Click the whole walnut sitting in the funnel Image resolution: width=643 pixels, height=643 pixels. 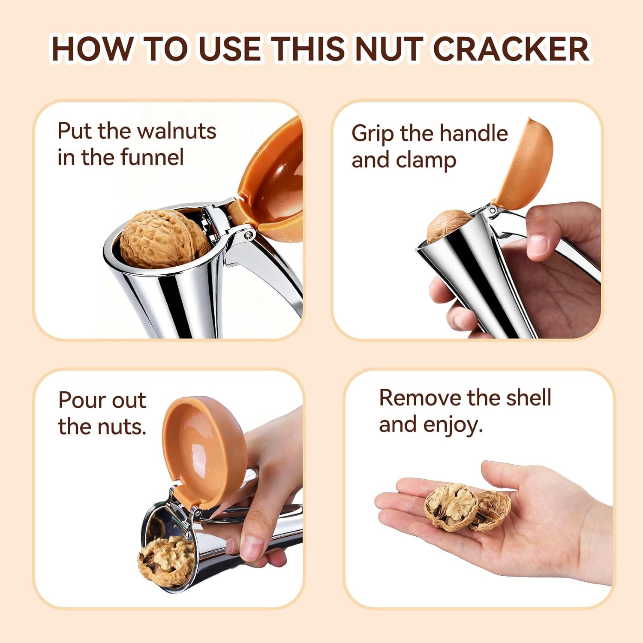(x=164, y=238)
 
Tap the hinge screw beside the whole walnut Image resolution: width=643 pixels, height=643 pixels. (x=248, y=234)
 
